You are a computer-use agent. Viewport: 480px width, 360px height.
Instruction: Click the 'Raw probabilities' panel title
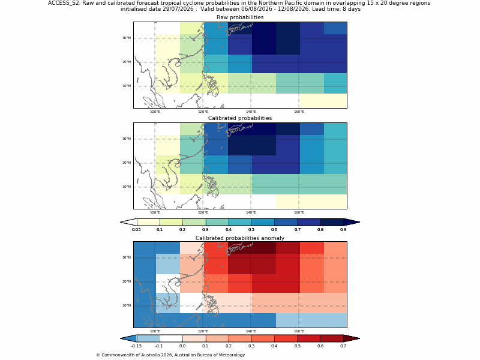(240, 17)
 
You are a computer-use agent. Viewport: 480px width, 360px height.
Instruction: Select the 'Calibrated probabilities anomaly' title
(240, 238)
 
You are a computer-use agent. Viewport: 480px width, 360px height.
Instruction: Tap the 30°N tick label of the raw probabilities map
(127, 38)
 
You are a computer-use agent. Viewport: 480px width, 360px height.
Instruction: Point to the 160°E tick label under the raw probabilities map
(299, 112)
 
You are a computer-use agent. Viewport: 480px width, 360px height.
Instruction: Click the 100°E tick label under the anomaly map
(155, 331)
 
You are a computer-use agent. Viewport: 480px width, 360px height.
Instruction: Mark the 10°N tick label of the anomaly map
(127, 305)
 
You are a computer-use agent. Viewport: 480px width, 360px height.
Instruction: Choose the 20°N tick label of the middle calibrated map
(127, 163)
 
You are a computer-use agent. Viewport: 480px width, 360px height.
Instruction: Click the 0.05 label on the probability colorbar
(136, 230)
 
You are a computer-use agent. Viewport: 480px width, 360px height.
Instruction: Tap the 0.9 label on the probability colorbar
(343, 230)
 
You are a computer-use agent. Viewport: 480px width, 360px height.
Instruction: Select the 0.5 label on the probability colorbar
(251, 230)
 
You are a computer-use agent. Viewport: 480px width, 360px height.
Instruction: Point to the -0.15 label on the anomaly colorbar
(136, 346)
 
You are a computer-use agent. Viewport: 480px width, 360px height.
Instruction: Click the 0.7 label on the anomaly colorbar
(343, 346)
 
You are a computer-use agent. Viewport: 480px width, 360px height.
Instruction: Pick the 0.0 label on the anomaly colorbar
(182, 346)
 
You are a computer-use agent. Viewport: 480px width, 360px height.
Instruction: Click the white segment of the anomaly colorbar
(171, 338)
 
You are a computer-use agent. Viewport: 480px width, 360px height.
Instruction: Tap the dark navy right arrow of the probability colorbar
(352, 222)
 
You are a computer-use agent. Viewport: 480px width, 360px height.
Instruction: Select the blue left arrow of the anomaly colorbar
(128, 338)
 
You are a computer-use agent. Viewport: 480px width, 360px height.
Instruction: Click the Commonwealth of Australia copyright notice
(170, 355)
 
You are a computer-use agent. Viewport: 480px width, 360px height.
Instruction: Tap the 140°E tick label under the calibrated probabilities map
(251, 212)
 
